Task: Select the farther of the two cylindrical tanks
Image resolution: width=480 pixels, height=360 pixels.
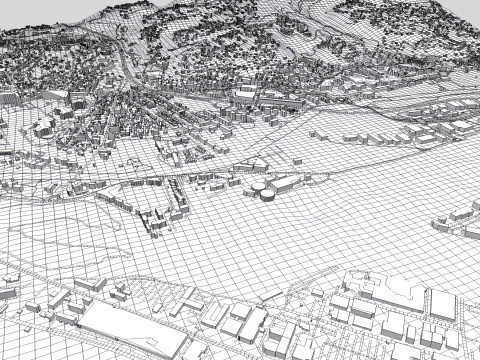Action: [x=257, y=187]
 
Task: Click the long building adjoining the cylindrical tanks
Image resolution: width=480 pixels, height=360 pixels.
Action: [x=286, y=183]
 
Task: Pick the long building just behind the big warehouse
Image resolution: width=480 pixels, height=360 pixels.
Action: [x=89, y=285]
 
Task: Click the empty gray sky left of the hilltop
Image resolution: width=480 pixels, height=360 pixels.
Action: [x=40, y=15]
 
